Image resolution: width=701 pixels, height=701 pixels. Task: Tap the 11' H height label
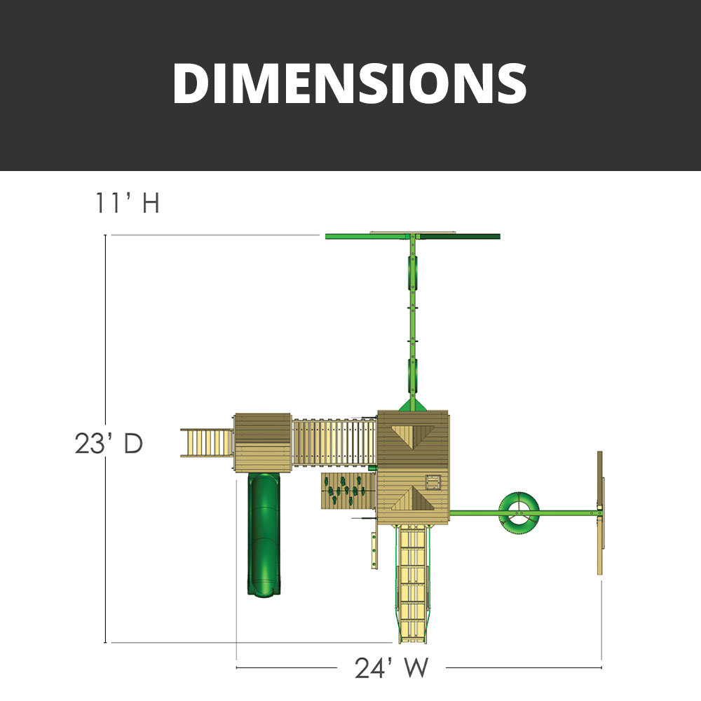pos(128,203)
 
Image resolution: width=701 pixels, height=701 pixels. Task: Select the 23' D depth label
pos(109,444)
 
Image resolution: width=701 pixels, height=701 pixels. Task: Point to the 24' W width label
pos(390,667)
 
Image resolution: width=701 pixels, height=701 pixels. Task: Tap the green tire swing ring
pos(519,510)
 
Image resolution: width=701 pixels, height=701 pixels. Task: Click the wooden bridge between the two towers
pos(334,442)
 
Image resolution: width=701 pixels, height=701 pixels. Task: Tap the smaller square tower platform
pos(262,441)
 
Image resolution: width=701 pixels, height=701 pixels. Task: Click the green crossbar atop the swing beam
pos(412,236)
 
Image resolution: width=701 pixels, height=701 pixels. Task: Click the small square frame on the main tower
pos(433,480)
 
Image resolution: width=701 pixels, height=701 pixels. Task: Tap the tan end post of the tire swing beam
pos(600,513)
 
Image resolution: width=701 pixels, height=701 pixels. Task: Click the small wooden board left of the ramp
pos(374,550)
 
